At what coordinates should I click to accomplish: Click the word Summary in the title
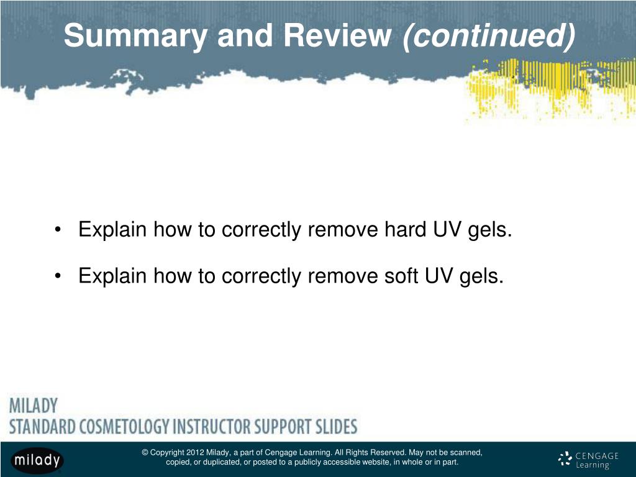(135, 37)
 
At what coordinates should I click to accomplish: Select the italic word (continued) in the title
(489, 37)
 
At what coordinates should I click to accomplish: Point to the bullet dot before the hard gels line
(58, 230)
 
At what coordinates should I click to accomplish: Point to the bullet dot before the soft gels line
(58, 276)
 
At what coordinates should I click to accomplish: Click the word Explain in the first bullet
(113, 230)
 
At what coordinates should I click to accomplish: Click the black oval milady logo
(37, 460)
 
